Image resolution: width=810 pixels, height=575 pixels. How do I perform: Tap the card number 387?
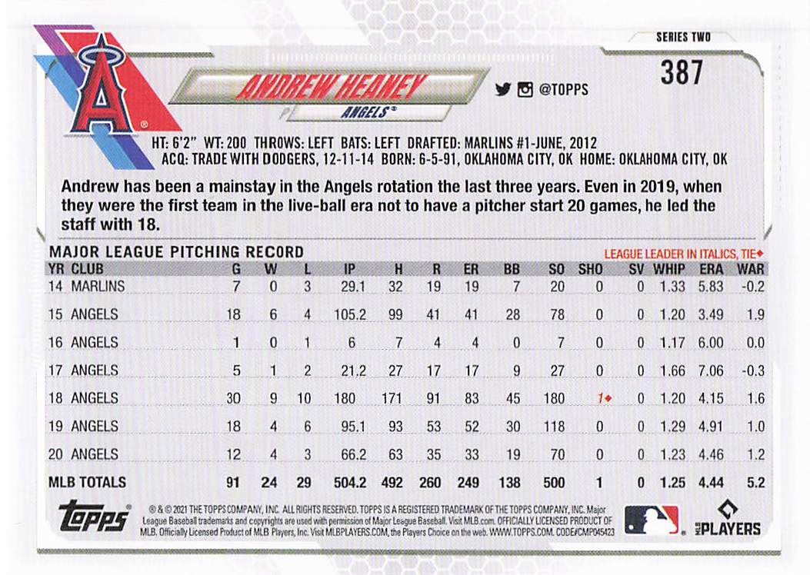click(682, 73)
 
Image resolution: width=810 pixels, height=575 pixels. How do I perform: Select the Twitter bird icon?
click(503, 89)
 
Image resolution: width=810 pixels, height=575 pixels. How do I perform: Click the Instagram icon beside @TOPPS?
click(525, 89)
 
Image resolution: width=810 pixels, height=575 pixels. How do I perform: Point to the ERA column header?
click(711, 269)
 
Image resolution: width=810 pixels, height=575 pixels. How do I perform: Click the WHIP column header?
click(670, 269)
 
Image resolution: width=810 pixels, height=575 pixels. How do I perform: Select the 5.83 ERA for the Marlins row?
click(710, 287)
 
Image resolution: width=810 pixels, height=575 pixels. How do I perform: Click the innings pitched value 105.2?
click(350, 314)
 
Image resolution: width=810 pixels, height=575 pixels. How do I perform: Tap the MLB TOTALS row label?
click(87, 483)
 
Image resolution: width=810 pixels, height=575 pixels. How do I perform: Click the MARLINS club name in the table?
click(98, 287)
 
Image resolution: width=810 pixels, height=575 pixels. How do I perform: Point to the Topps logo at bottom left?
click(92, 517)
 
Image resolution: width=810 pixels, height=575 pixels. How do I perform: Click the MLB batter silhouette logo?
click(651, 519)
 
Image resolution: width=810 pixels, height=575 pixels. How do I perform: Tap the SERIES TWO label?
click(683, 37)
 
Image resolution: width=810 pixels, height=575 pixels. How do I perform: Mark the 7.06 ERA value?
click(710, 371)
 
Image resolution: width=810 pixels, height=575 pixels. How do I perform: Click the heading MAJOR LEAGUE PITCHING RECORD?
click(176, 252)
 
